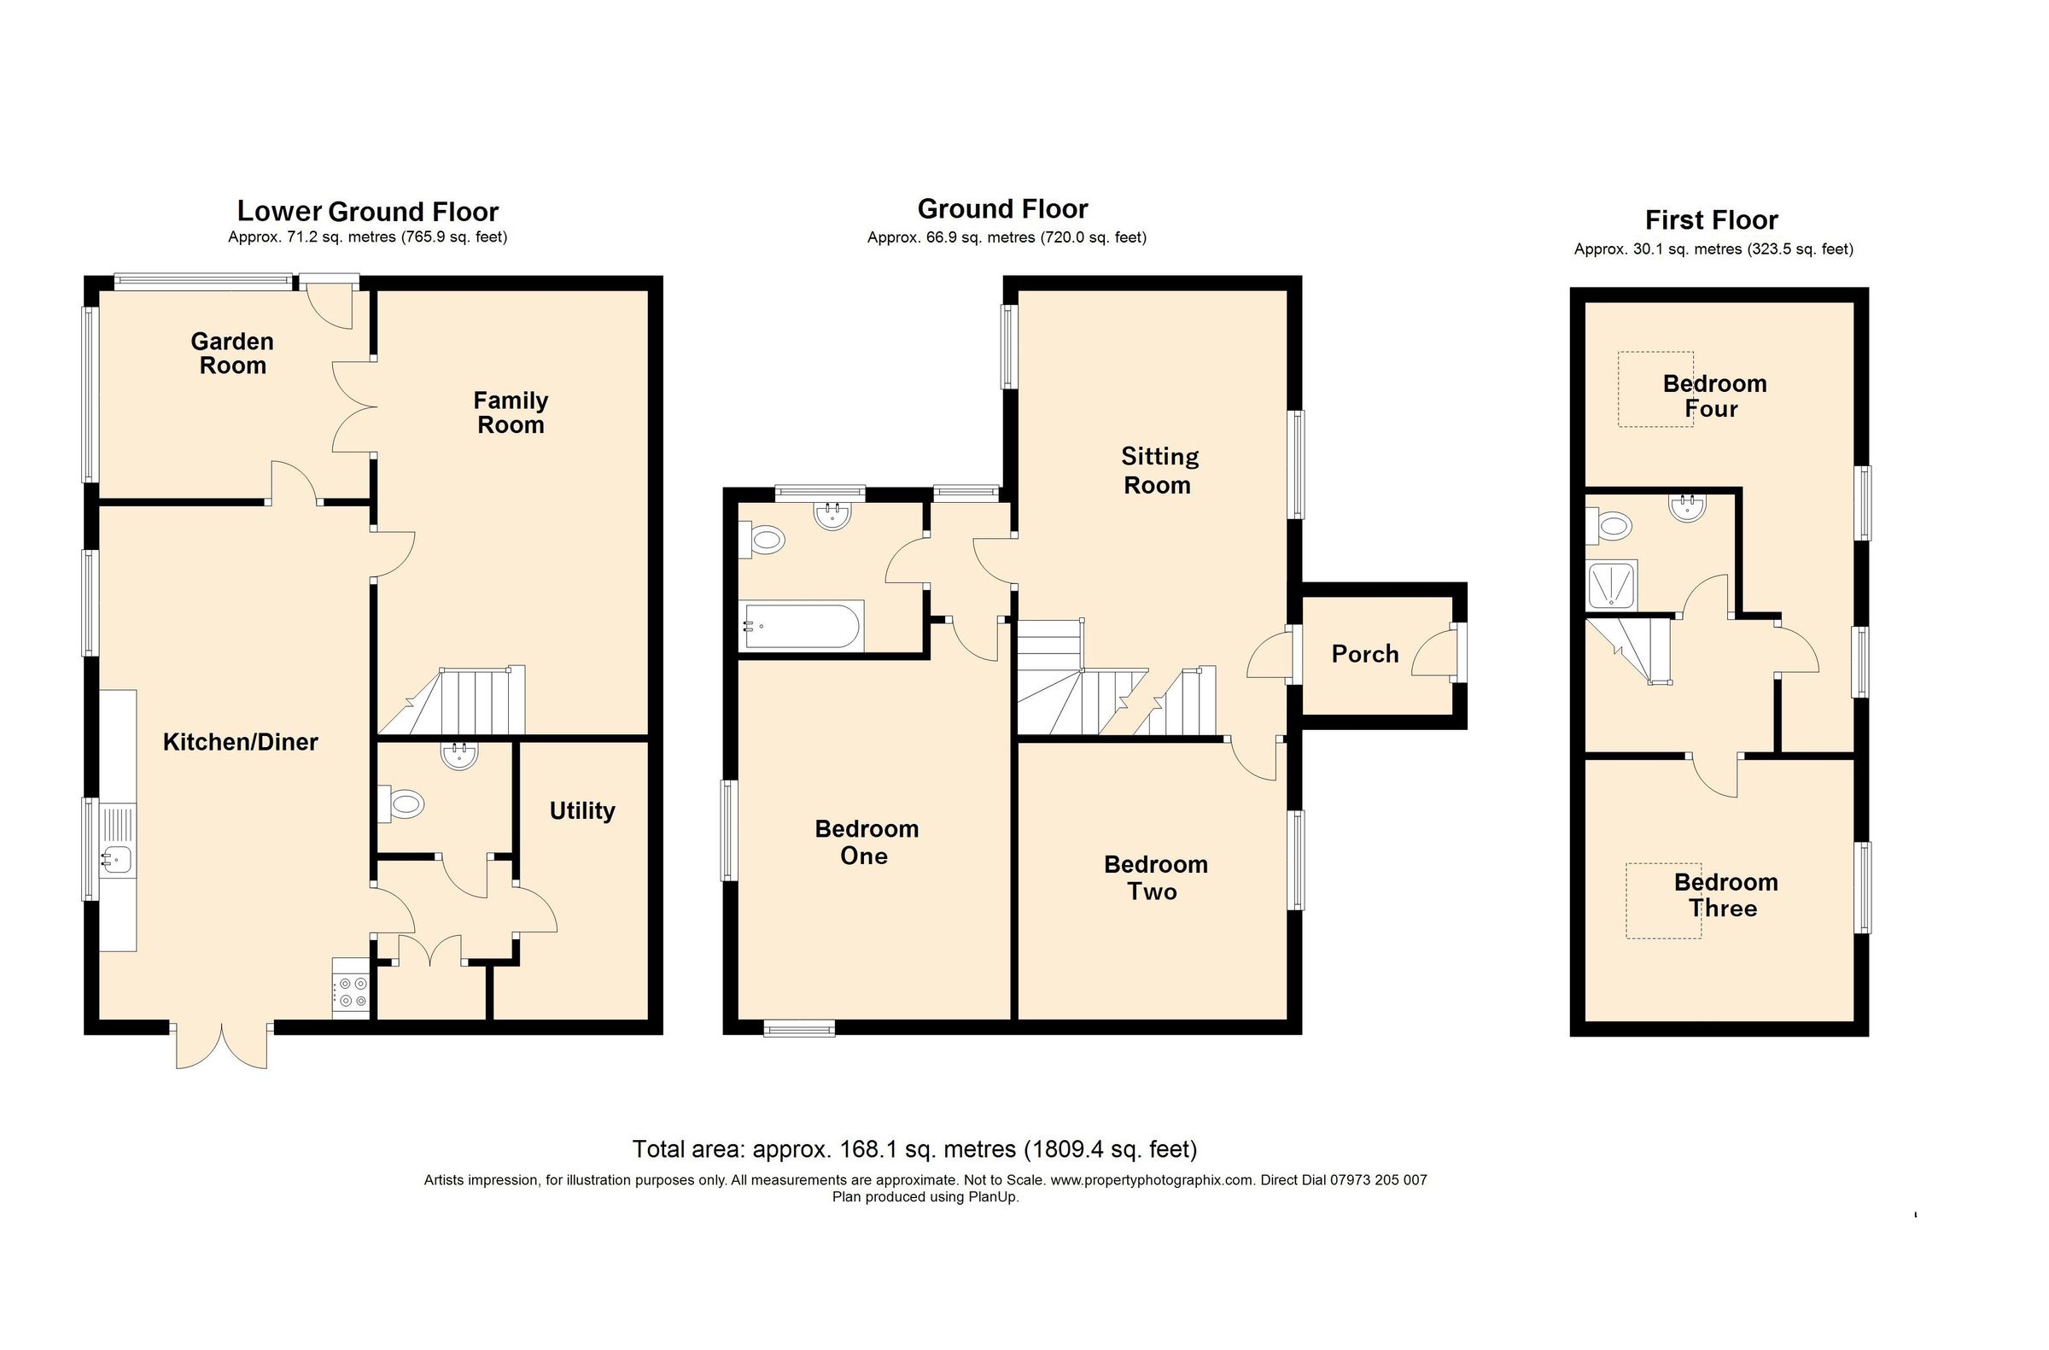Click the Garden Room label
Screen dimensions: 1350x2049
coord(232,353)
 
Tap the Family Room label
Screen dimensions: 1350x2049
coord(511,412)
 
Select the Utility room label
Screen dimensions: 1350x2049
coord(582,810)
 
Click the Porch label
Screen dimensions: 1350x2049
coord(1364,654)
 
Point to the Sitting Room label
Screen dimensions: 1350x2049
coord(1159,470)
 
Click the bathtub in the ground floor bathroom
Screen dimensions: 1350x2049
coord(801,626)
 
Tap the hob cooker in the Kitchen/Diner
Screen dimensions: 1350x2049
coord(351,991)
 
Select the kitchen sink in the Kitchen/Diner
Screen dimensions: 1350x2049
coord(116,857)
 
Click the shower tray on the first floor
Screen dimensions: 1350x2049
coord(1612,585)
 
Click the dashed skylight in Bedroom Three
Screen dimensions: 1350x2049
coord(1662,902)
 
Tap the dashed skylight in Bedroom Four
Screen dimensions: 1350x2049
coord(1655,389)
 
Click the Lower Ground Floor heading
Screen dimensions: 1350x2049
coord(368,211)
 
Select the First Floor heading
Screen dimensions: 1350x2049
coord(1711,220)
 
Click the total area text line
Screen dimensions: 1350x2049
coord(914,1149)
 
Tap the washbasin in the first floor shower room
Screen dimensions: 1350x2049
coord(1686,509)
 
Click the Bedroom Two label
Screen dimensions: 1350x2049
coord(1154,877)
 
